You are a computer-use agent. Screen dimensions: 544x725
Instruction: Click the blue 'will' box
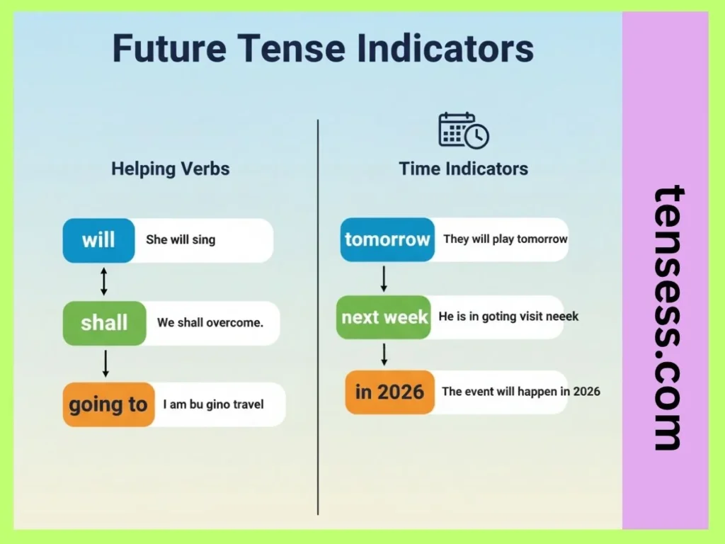(x=98, y=240)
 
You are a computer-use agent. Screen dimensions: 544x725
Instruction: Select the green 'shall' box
(x=104, y=323)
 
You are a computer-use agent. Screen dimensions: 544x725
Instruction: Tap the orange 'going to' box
(x=108, y=404)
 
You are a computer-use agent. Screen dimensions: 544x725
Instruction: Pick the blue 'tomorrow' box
(x=387, y=239)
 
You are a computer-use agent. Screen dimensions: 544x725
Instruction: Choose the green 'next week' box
(x=384, y=317)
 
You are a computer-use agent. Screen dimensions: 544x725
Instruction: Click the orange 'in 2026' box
(x=389, y=392)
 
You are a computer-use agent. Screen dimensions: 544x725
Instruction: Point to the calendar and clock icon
(x=463, y=130)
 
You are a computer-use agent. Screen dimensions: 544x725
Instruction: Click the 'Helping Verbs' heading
(x=171, y=169)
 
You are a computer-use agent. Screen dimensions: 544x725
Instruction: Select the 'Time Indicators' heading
(x=464, y=169)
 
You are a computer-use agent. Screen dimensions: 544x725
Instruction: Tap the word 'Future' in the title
(x=169, y=48)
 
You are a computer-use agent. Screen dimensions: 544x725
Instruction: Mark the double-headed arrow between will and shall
(x=104, y=281)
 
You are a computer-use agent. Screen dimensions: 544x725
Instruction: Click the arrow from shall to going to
(x=105, y=363)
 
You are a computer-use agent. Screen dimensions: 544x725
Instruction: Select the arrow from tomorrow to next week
(x=384, y=278)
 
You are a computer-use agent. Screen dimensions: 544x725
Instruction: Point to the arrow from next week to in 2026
(x=384, y=353)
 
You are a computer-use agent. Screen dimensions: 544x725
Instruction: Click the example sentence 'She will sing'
(x=181, y=239)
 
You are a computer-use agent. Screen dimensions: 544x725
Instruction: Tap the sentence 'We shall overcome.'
(x=210, y=322)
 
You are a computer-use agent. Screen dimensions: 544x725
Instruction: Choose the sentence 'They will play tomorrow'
(x=506, y=239)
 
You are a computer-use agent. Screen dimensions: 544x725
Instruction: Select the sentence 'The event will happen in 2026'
(x=521, y=391)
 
